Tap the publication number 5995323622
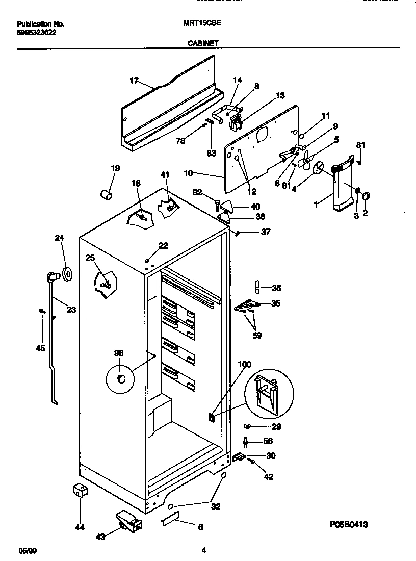[x=37, y=32]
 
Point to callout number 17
[x=134, y=80]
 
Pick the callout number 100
[x=245, y=364]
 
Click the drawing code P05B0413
[x=349, y=524]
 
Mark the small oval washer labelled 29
[x=247, y=426]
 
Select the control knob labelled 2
[x=366, y=194]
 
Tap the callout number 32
[x=216, y=507]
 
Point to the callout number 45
[x=40, y=348]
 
